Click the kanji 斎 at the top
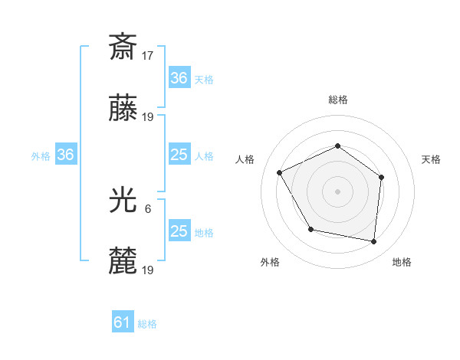pyautogui.click(x=123, y=47)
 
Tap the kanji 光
pyautogui.click(x=123, y=200)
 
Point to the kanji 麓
pyautogui.click(x=123, y=261)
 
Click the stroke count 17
pyautogui.click(x=148, y=55)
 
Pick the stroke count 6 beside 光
pyautogui.click(x=148, y=208)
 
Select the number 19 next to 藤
pyautogui.click(x=148, y=116)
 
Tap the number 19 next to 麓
pyautogui.click(x=148, y=270)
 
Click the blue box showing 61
pyautogui.click(x=123, y=322)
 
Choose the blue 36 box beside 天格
pyautogui.click(x=179, y=78)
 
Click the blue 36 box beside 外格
pyautogui.click(x=66, y=155)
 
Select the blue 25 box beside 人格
pyautogui.click(x=179, y=155)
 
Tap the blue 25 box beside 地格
pyautogui.click(x=179, y=231)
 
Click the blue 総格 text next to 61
pyautogui.click(x=147, y=324)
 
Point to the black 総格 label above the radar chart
pyautogui.click(x=337, y=100)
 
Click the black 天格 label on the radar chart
pyautogui.click(x=431, y=159)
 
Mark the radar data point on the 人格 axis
pyautogui.click(x=280, y=172)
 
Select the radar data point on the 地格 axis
pyautogui.click(x=374, y=242)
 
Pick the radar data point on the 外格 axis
pyautogui.click(x=310, y=229)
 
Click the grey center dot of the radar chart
pyautogui.click(x=337, y=191)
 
